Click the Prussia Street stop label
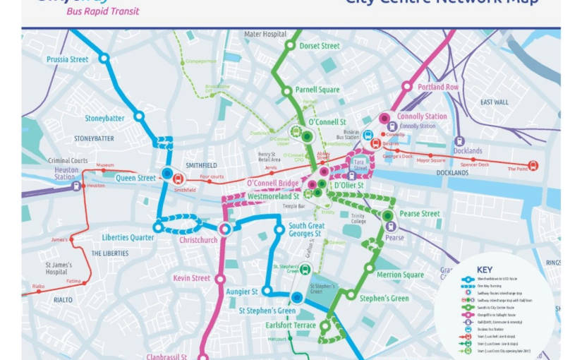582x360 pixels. pos(68,60)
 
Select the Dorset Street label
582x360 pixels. pos(320,46)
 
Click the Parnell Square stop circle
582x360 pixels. pos(287,90)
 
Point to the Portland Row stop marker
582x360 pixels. pos(407,87)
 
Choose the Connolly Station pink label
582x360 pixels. pos(422,116)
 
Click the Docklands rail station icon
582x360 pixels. pos(459,141)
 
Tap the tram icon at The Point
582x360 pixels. pos(533,166)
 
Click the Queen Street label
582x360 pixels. pos(135,178)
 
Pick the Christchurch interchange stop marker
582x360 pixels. pos(225,228)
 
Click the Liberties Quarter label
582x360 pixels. pos(128,238)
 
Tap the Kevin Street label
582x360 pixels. pos(192,278)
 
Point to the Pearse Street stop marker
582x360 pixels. pos(387,215)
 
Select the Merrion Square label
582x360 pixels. pos(399,275)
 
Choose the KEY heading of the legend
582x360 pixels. pos(485,270)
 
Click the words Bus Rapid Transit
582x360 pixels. pos(103,11)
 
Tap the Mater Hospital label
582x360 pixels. pos(265,34)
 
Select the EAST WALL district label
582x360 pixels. pos(495,102)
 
